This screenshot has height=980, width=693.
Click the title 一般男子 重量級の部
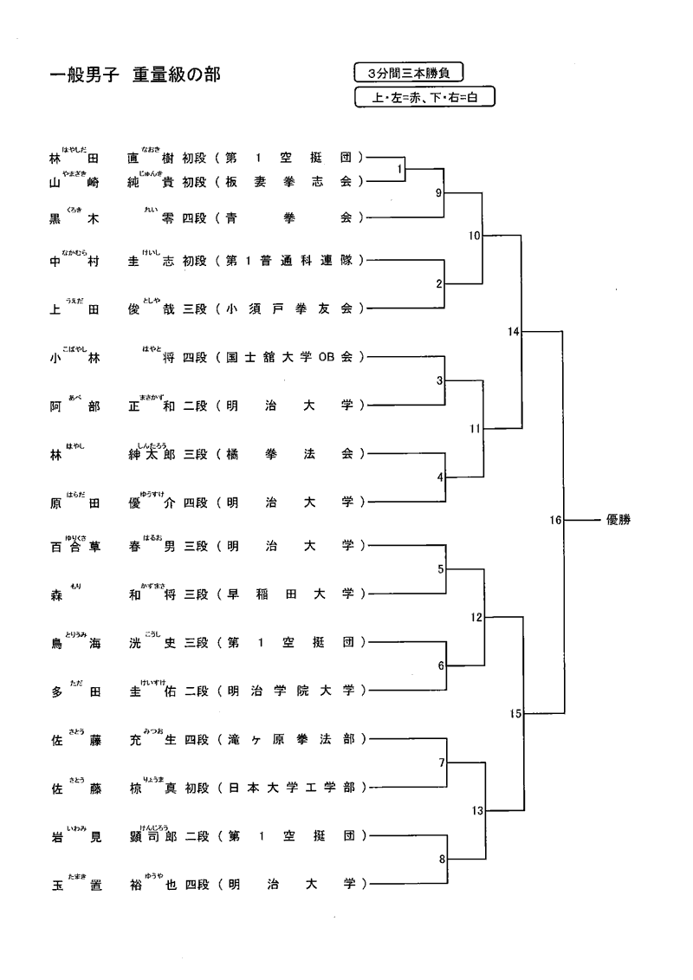tap(135, 76)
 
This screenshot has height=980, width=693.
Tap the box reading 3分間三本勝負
tap(409, 74)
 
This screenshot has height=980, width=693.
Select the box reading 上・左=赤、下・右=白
tap(424, 98)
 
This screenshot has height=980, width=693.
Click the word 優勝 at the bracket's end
tap(619, 520)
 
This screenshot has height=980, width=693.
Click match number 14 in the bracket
tap(514, 332)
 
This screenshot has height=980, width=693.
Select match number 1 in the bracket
tap(399, 170)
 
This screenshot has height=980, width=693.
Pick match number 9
tap(440, 192)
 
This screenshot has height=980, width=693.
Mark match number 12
tap(476, 618)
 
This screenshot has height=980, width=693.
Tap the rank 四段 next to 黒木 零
tap(195, 218)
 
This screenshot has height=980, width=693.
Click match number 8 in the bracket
tap(441, 860)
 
